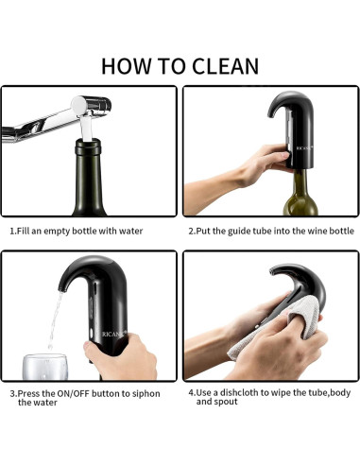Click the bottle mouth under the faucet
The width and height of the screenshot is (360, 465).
click(x=88, y=146)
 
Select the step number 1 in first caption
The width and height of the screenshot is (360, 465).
click(x=12, y=231)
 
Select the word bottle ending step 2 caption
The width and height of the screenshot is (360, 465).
click(x=341, y=231)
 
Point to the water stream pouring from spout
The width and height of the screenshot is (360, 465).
click(x=52, y=317)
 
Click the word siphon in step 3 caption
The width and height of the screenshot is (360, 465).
click(x=145, y=393)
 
